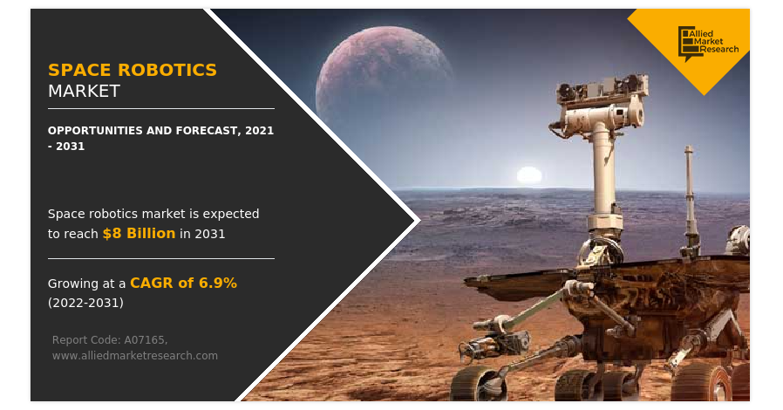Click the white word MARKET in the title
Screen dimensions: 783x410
[x=84, y=91]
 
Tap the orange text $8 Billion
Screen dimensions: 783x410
[x=139, y=233]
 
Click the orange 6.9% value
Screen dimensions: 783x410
[x=218, y=284]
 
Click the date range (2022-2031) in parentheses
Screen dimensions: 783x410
[x=86, y=303]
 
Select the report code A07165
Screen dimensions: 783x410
[x=146, y=340]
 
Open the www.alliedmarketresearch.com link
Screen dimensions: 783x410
[x=135, y=356]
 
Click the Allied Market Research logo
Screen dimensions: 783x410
[x=708, y=43]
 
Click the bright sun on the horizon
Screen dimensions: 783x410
[x=528, y=175]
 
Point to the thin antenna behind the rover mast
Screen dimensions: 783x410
[x=690, y=199]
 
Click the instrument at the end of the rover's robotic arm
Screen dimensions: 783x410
[x=494, y=345]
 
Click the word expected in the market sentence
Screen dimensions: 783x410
[x=231, y=215]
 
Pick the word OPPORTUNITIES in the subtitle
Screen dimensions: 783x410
[x=95, y=131]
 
